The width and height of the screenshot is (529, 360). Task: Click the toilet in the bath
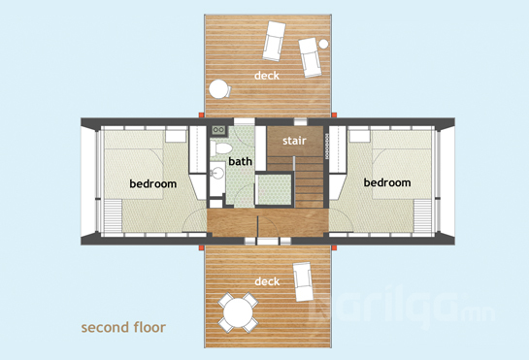pyautogui.click(x=220, y=148)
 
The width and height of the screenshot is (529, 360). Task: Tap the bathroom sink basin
pyautogui.click(x=217, y=173)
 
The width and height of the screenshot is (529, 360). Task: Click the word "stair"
pyautogui.click(x=294, y=141)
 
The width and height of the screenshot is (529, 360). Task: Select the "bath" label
pyautogui.click(x=240, y=161)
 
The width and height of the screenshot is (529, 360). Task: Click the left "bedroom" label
pyautogui.click(x=153, y=183)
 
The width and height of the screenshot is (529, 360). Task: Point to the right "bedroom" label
pyautogui.click(x=387, y=182)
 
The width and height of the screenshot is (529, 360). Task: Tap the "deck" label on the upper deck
pyautogui.click(x=267, y=76)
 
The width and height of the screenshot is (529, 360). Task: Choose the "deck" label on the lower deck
pyautogui.click(x=267, y=281)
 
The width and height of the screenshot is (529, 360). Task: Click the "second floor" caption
pyautogui.click(x=123, y=327)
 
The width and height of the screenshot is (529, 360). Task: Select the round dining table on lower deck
pyautogui.click(x=238, y=312)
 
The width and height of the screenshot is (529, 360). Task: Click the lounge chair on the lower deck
pyautogui.click(x=302, y=281)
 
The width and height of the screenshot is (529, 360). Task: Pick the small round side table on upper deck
pyautogui.click(x=323, y=44)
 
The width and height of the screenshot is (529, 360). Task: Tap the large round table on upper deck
pyautogui.click(x=219, y=88)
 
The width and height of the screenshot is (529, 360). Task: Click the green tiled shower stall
pyautogui.click(x=274, y=189)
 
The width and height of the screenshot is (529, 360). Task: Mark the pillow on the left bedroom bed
pyautogui.click(x=176, y=136)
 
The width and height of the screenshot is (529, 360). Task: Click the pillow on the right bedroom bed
pyautogui.click(x=360, y=136)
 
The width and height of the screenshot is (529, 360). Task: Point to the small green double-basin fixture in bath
pyautogui.click(x=219, y=130)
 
